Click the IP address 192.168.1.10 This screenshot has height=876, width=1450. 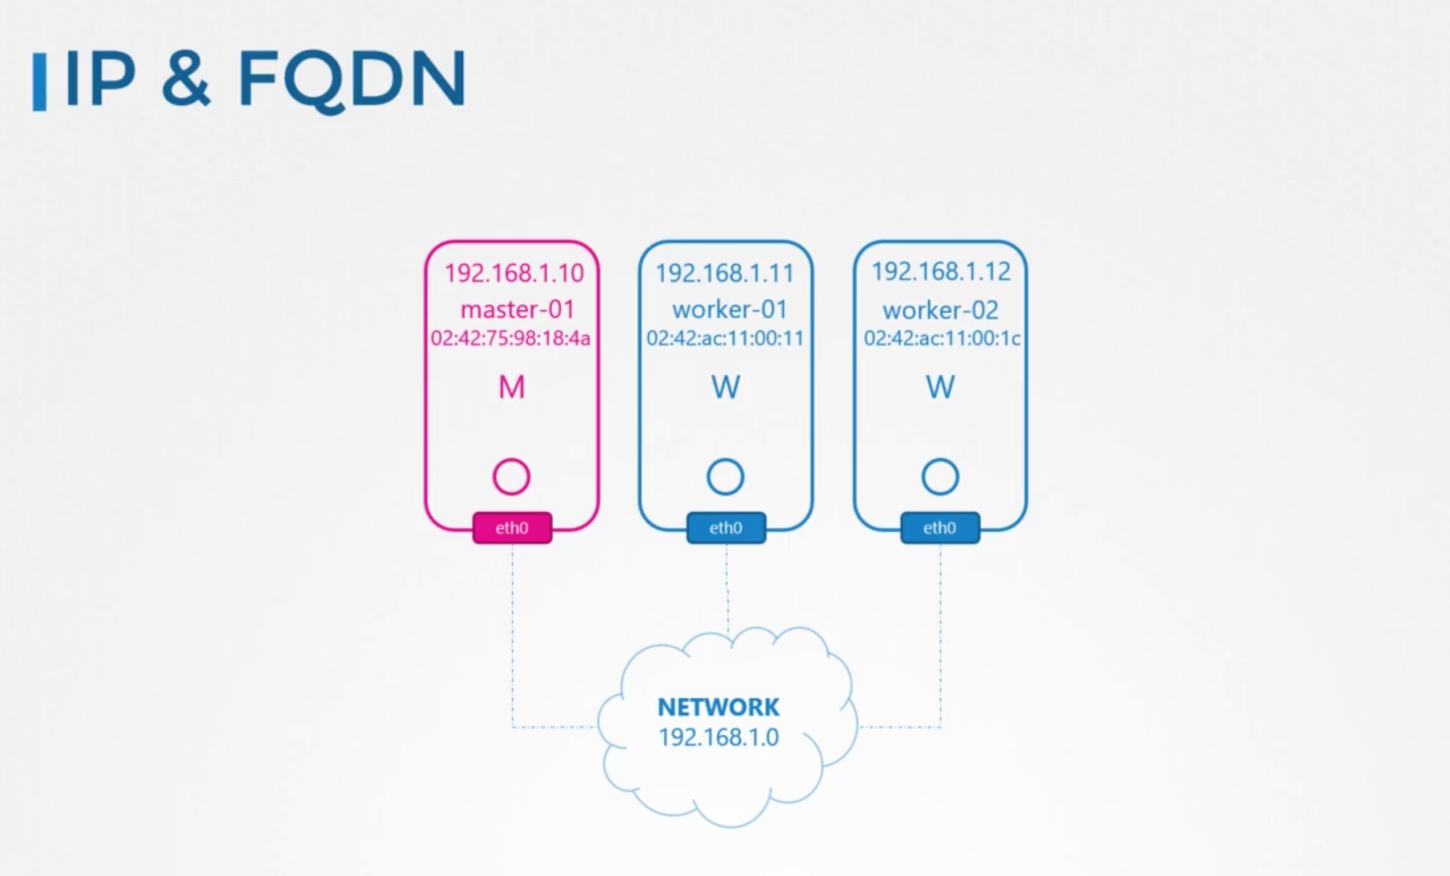[x=513, y=273]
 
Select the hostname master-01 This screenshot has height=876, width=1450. [x=517, y=309]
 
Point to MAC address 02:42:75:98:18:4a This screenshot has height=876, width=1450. [x=510, y=338]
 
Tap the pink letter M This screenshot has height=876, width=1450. [x=511, y=387]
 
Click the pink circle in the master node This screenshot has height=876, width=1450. [x=511, y=477]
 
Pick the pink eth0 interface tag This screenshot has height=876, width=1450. [x=511, y=528]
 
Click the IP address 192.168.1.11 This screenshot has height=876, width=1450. [x=724, y=273]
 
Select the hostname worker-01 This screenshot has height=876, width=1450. [x=730, y=309]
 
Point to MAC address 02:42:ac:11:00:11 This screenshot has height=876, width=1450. [x=725, y=338]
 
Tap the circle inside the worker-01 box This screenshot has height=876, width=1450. [x=725, y=477]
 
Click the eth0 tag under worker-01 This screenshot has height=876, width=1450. [x=726, y=528]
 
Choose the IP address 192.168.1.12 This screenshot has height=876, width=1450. [x=941, y=271]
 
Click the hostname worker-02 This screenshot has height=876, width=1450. [x=941, y=310]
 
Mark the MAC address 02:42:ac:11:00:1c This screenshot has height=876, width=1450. [x=942, y=338]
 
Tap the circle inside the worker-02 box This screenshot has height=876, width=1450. [x=940, y=477]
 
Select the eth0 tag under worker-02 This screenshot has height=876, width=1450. [x=940, y=528]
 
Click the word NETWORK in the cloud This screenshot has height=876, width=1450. [x=718, y=707]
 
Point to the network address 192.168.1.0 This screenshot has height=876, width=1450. [x=718, y=737]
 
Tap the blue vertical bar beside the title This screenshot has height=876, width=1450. [x=39, y=82]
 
